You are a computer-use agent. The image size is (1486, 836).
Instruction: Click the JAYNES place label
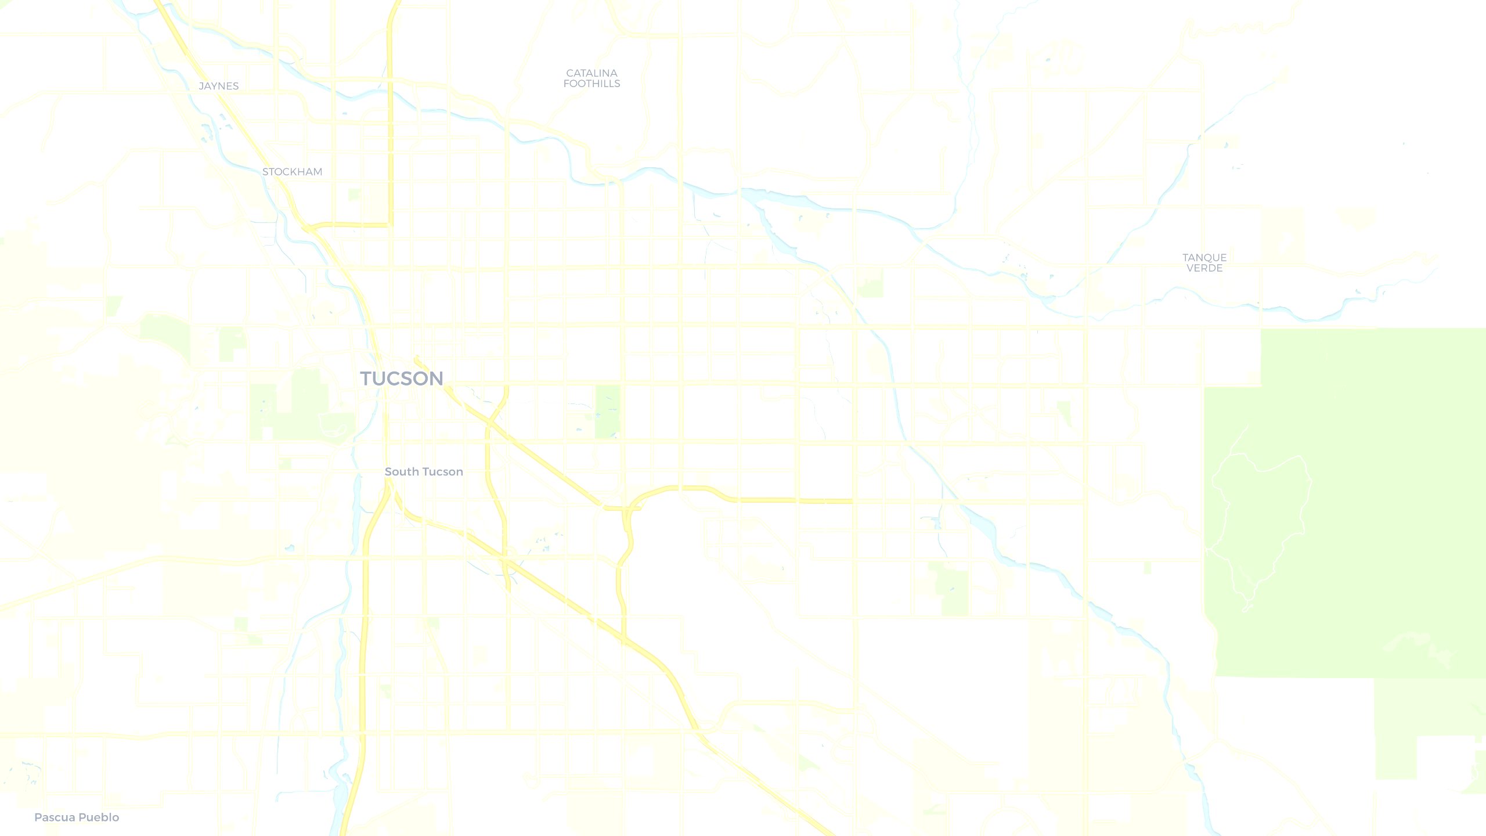[219, 86]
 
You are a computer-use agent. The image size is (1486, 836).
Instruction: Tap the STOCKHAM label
[292, 172]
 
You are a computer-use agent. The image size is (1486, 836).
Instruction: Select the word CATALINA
[591, 73]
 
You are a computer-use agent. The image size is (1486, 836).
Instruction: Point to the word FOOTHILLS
[591, 84]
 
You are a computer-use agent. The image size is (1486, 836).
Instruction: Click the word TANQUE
[1204, 257]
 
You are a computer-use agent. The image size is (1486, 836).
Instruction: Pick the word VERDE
[1204, 268]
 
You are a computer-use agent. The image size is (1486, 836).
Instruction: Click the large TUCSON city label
[402, 379]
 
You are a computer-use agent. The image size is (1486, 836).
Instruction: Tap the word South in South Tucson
[402, 472]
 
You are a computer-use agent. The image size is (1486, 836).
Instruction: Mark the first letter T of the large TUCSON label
[367, 379]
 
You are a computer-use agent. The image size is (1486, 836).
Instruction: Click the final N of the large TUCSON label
[435, 379]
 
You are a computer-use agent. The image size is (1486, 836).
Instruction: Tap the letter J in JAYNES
[201, 86]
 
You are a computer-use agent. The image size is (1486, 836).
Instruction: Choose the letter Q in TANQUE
[1209, 257]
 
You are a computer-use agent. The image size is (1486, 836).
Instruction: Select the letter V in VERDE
[1191, 268]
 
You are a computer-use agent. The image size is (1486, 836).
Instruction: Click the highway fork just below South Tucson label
[389, 492]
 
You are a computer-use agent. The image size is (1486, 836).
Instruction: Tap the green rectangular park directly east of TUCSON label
[608, 411]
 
